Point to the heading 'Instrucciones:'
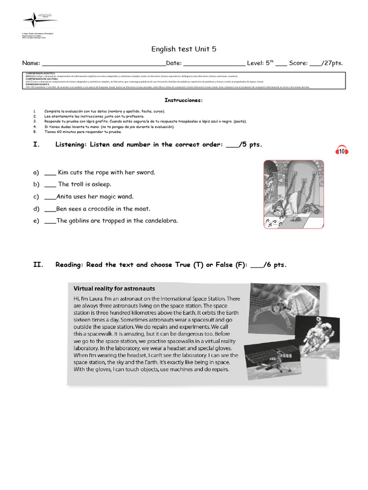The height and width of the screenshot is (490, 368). pos(184,100)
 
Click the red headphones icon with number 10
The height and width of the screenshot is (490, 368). pos(342,150)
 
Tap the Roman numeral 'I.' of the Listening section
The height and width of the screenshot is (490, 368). pos(36,145)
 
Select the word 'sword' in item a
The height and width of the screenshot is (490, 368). pos(145,172)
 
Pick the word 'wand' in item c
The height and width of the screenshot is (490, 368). pos(125,197)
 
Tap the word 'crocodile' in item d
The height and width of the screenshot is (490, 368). pos(104,209)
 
